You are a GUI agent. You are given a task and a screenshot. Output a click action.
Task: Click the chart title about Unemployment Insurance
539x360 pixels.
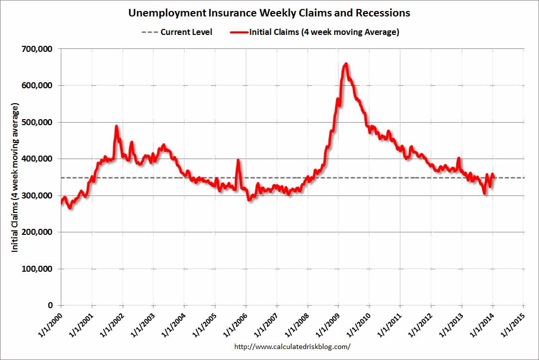[x=270, y=12]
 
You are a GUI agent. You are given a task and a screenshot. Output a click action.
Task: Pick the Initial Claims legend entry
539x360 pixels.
[x=315, y=32]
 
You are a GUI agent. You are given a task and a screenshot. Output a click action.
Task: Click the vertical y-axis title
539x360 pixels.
[x=15, y=178]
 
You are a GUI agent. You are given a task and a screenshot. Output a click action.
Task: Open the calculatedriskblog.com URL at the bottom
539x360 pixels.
[x=292, y=346]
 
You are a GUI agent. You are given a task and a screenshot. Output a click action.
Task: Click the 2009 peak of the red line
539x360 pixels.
[x=346, y=64]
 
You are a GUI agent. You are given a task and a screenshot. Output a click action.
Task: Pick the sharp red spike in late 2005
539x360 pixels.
[x=238, y=160]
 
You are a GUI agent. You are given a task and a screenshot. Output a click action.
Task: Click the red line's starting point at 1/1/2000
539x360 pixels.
[x=61, y=202]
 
